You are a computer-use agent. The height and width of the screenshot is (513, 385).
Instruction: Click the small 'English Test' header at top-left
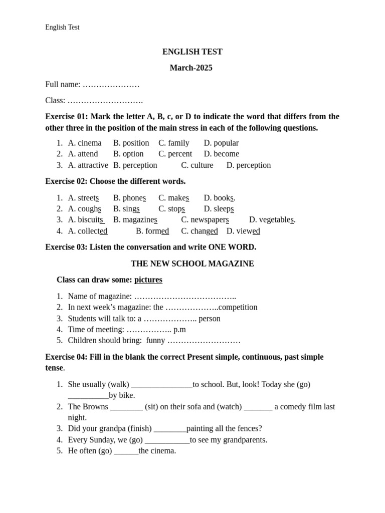(62, 27)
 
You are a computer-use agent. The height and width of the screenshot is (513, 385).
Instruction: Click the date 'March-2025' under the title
(191, 68)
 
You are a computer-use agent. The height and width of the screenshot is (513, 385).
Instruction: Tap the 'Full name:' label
(63, 84)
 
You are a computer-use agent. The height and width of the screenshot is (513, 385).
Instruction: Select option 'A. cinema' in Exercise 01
(85, 143)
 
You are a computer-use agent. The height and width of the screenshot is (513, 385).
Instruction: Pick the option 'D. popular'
(221, 143)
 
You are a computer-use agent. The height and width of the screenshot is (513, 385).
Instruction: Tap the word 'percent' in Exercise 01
(180, 154)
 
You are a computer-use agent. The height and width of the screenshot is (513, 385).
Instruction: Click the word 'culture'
(202, 165)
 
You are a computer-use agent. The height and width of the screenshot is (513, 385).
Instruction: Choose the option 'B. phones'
(129, 198)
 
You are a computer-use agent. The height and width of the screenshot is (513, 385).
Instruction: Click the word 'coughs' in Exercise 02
(89, 209)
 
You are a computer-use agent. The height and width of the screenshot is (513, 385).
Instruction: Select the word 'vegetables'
(276, 219)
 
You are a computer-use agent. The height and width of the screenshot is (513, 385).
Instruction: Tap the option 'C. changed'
(200, 231)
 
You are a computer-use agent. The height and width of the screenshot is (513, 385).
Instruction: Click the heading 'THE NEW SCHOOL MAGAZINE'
(192, 264)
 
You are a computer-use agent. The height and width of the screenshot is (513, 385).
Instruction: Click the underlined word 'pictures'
(148, 280)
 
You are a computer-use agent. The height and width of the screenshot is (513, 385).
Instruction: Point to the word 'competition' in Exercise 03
(238, 307)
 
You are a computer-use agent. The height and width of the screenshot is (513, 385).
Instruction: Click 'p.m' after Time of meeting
(179, 329)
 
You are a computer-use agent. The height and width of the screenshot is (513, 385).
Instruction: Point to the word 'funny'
(155, 341)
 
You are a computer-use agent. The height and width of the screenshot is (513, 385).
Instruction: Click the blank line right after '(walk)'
(161, 385)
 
